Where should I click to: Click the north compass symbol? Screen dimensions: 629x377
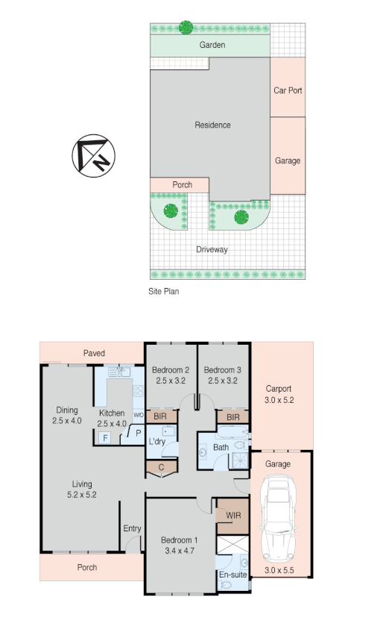(93, 155)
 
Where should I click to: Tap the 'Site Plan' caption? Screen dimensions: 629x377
(164, 292)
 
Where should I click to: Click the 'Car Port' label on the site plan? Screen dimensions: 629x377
(287, 90)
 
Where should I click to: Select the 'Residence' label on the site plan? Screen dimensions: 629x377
(212, 125)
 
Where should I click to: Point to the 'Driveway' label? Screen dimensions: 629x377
(212, 249)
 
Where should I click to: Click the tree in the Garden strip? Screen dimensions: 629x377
(186, 28)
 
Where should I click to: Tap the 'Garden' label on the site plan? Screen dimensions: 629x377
(212, 45)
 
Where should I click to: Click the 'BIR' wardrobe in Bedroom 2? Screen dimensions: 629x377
(160, 416)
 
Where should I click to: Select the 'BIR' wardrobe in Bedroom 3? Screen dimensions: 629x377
(232, 417)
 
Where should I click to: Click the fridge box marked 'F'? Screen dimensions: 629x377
(105, 438)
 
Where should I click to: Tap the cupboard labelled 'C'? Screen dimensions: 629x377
(161, 468)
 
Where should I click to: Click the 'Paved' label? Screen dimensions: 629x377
(94, 353)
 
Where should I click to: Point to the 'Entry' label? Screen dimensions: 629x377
(132, 529)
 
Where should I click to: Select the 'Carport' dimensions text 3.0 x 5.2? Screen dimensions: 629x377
(279, 400)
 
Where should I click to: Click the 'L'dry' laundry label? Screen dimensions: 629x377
(157, 442)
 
